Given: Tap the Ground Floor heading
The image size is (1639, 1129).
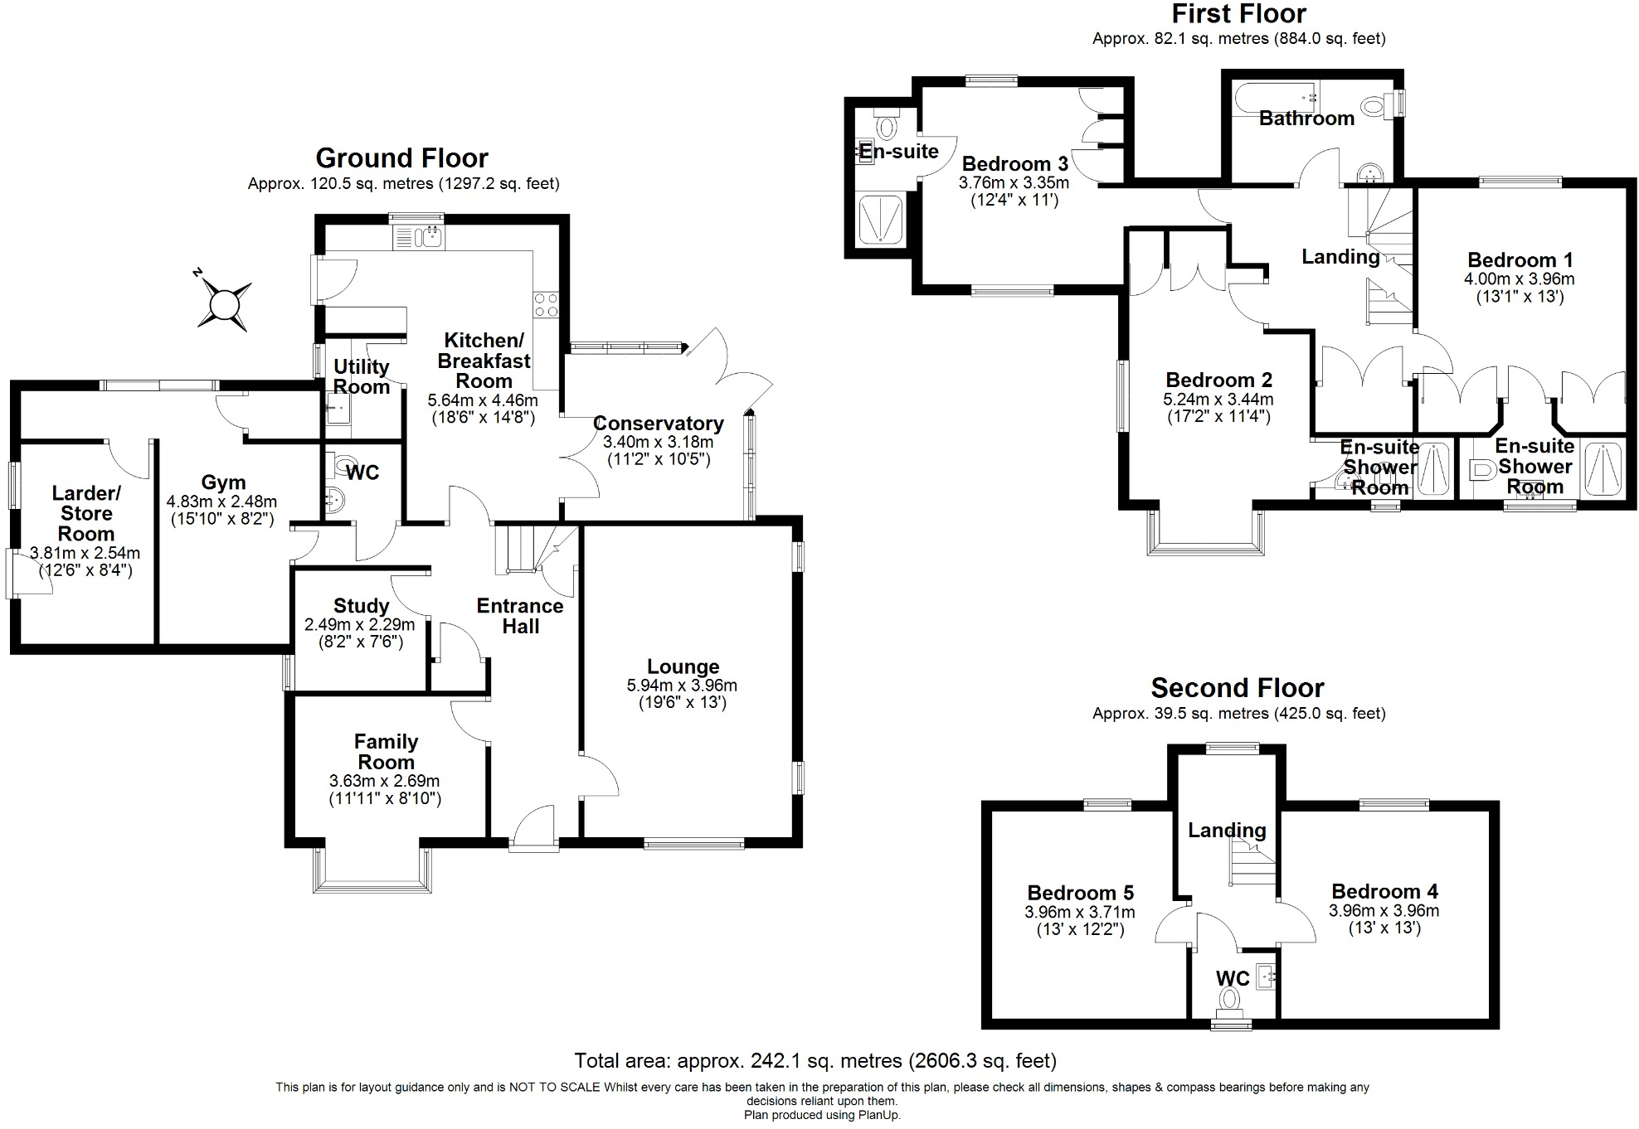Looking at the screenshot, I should pos(401,157).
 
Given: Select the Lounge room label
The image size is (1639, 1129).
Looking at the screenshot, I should pos(683,666).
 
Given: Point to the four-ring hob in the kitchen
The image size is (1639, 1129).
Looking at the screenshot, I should pos(546,304).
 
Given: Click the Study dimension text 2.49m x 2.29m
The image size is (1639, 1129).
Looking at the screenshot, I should pos(359,625).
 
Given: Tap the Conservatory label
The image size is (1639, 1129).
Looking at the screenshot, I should pos(658,424).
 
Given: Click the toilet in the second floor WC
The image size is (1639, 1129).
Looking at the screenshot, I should pos(1229,999).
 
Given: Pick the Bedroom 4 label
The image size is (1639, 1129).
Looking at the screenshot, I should pos(1384,891).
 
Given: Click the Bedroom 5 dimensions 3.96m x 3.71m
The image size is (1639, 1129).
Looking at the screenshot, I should pos(1080,913).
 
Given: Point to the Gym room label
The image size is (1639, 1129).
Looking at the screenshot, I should pos(223,482).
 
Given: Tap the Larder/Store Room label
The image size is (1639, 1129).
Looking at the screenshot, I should pos(86,514).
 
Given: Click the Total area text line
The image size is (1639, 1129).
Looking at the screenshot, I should pos(815,1060).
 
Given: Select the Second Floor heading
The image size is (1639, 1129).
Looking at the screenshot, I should pos(1237,688).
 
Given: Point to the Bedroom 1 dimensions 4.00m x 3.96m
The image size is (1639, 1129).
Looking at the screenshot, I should pos(1519,279).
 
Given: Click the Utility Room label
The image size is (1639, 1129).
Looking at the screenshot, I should pos(361,376).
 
